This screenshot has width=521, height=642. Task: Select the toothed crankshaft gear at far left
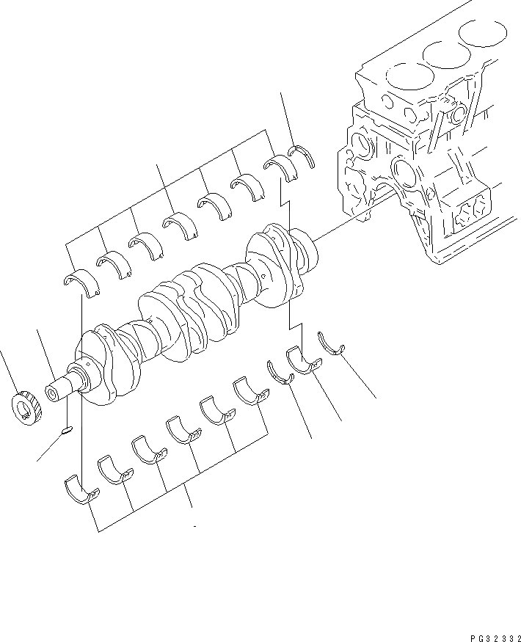(27, 405)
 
